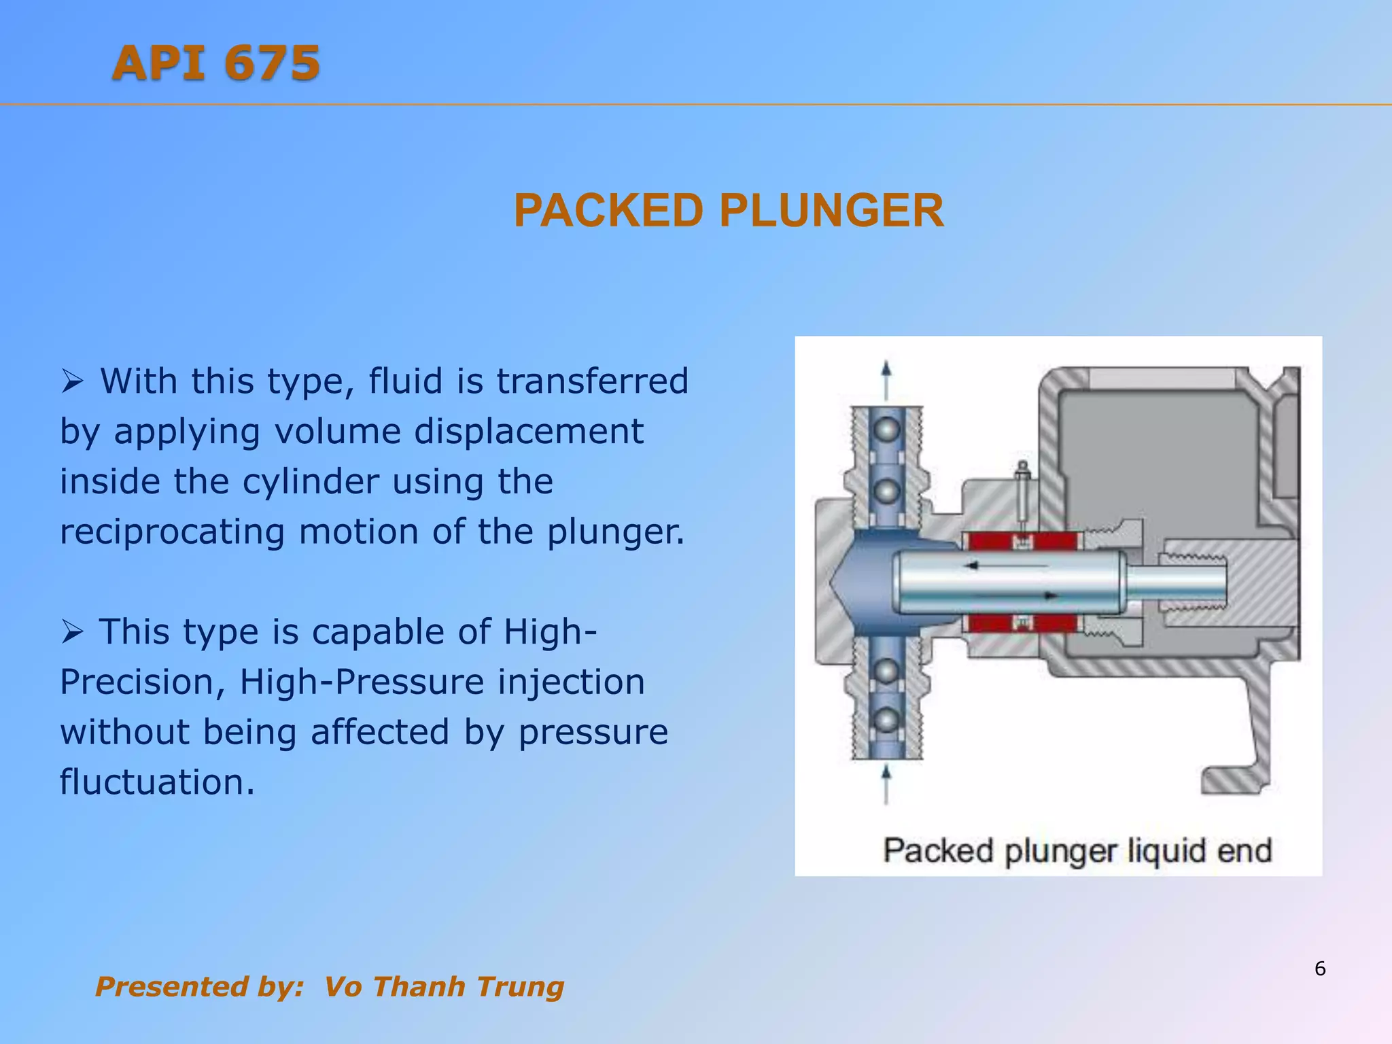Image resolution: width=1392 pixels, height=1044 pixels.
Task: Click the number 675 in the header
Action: pyautogui.click(x=272, y=63)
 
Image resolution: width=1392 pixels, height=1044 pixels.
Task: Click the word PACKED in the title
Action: pyautogui.click(x=608, y=211)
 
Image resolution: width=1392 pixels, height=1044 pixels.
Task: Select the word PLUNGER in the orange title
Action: pyautogui.click(x=831, y=211)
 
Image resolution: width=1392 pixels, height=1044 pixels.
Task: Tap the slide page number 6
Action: pyautogui.click(x=1320, y=969)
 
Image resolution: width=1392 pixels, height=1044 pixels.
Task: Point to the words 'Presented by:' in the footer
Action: pyautogui.click(x=199, y=987)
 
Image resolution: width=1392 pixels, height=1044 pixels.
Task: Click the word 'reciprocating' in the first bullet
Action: pyautogui.click(x=172, y=532)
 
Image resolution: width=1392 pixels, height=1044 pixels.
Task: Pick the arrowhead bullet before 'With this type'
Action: pyautogui.click(x=72, y=381)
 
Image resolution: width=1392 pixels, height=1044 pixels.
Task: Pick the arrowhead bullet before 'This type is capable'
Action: pyautogui.click(x=72, y=632)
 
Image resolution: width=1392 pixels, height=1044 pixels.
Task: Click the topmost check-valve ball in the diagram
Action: pyautogui.click(x=886, y=430)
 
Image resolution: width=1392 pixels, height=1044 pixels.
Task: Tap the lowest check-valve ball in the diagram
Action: pyautogui.click(x=886, y=720)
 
